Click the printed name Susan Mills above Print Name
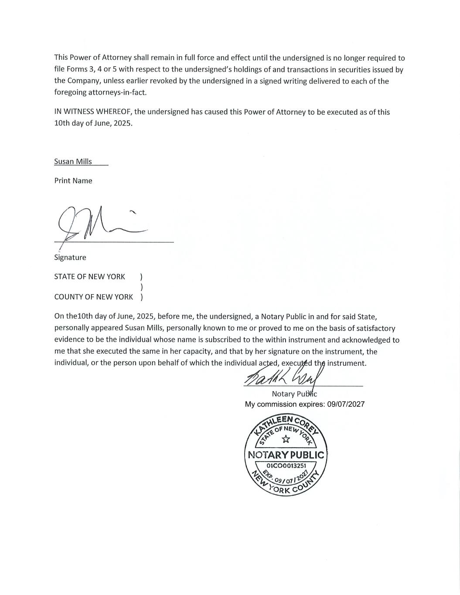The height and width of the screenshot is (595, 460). pyautogui.click(x=73, y=161)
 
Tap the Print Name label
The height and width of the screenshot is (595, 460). pyautogui.click(x=73, y=180)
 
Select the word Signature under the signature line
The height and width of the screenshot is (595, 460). pyautogui.click(x=70, y=257)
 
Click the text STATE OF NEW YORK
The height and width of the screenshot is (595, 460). pyautogui.click(x=89, y=276)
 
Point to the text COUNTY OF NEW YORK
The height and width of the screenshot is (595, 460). pyautogui.click(x=93, y=297)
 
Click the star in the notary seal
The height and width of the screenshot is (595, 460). pyautogui.click(x=286, y=439)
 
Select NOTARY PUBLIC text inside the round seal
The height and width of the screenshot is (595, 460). pyautogui.click(x=286, y=455)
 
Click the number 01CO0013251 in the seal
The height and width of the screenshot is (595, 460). pyautogui.click(x=286, y=466)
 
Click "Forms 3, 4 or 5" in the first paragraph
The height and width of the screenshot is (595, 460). pyautogui.click(x=92, y=69)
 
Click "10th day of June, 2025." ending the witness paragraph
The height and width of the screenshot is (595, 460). pyautogui.click(x=93, y=123)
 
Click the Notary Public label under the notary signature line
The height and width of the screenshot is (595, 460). pyautogui.click(x=294, y=394)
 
